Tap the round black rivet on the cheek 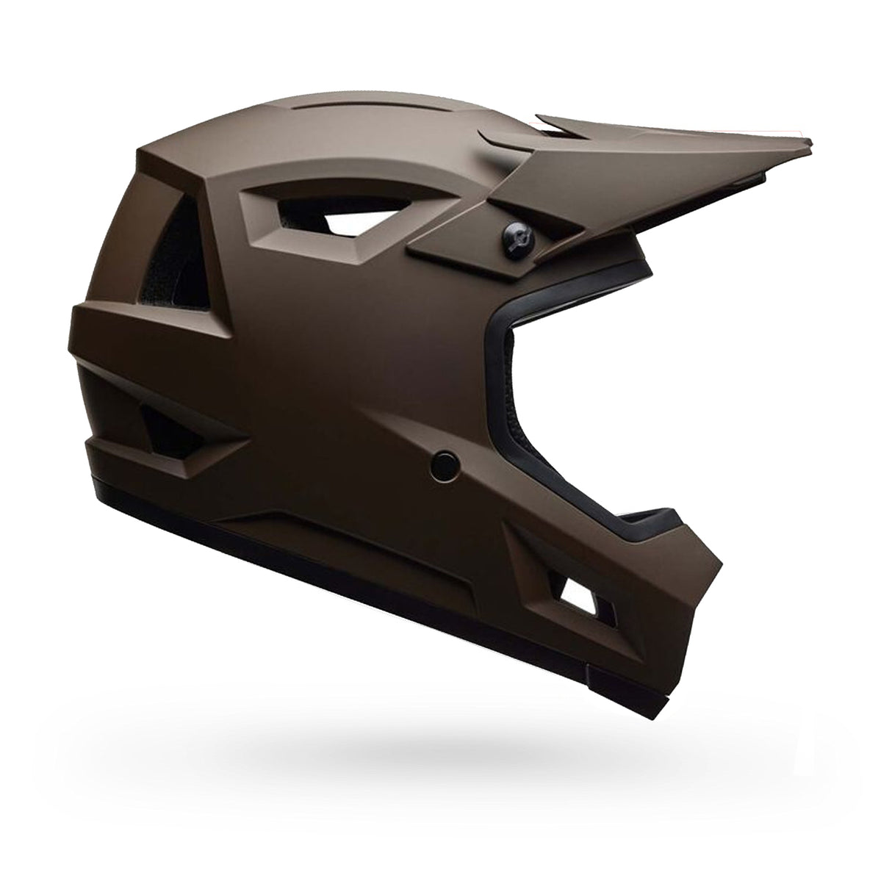click(445, 464)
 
